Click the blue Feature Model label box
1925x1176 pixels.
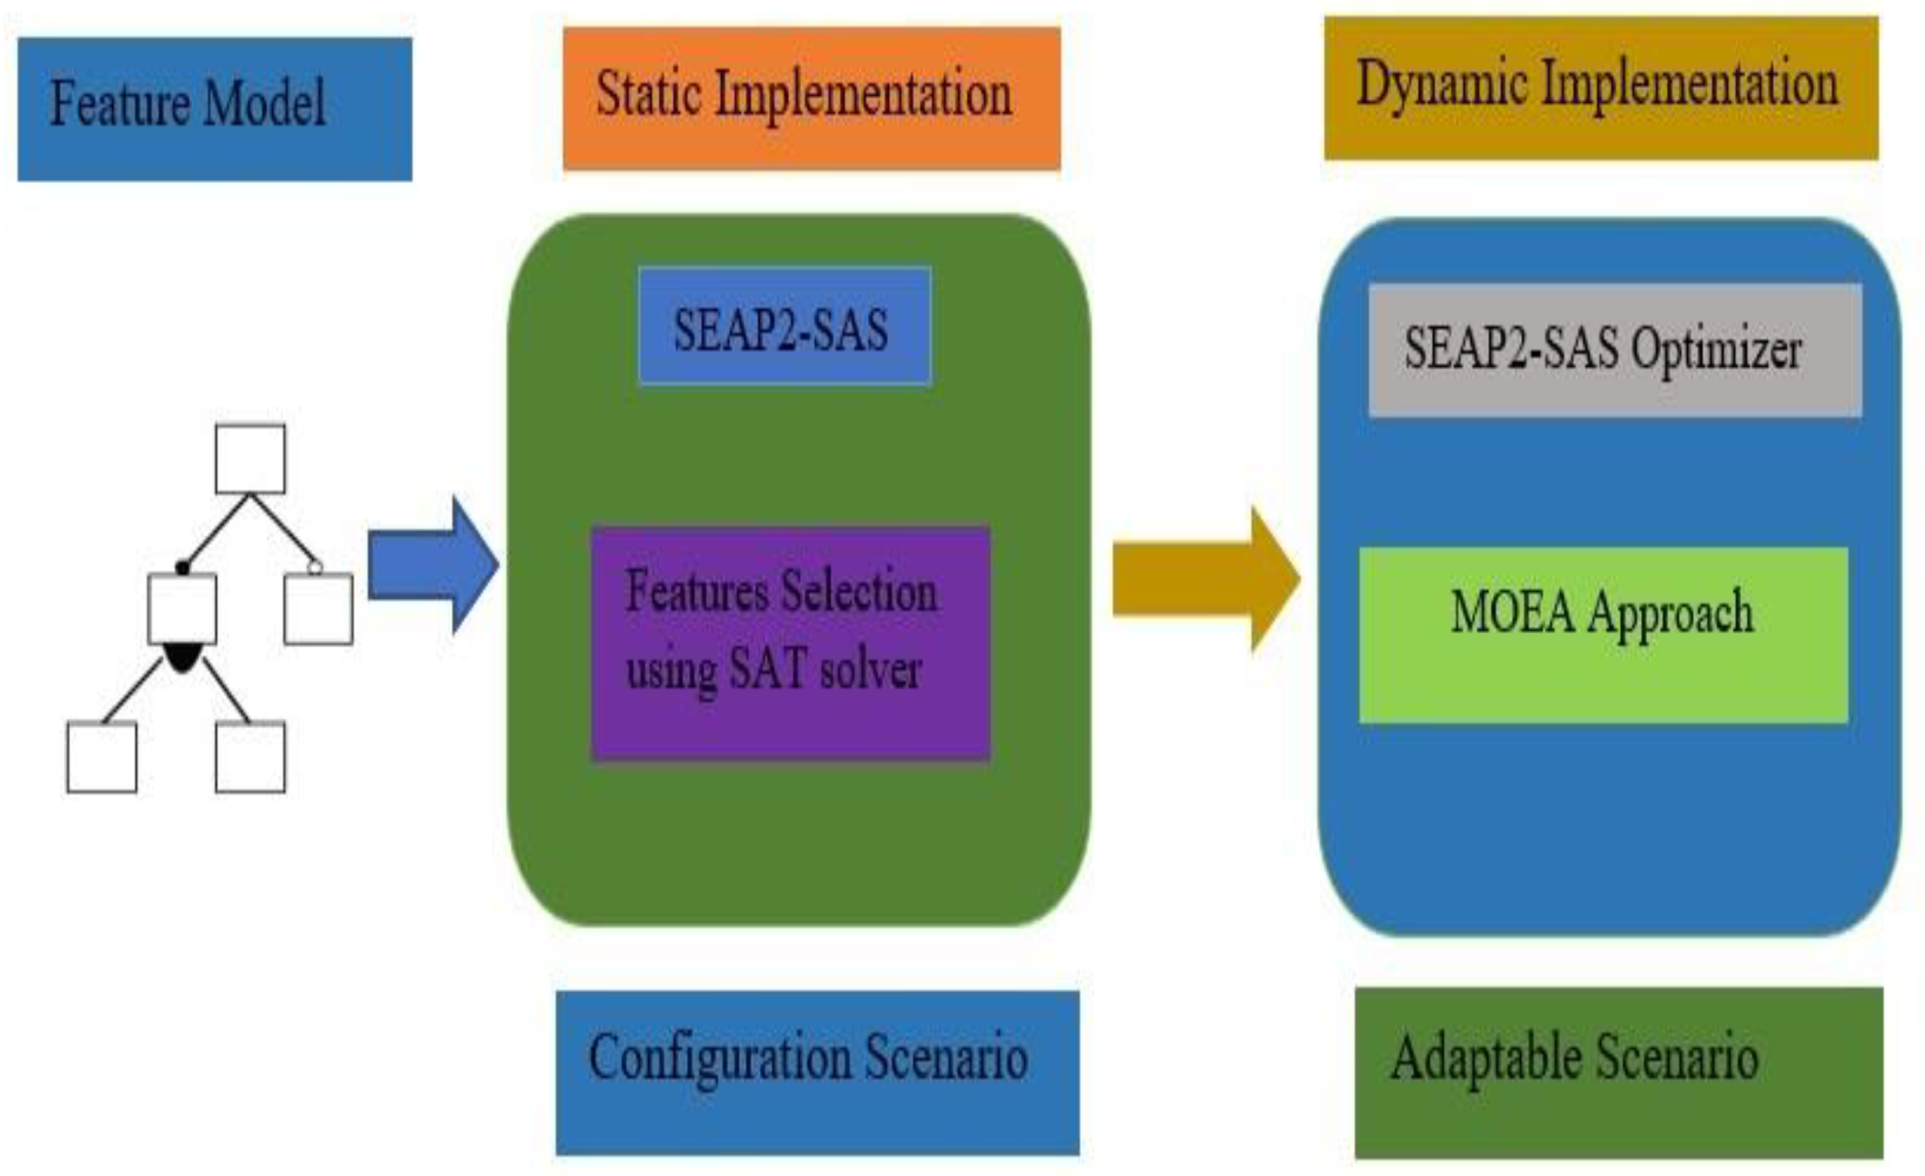coord(215,109)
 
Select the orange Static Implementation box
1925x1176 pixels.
coord(811,98)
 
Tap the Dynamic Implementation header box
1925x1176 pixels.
coord(1601,89)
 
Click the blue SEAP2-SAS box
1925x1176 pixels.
coord(784,326)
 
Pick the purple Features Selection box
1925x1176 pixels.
coord(791,642)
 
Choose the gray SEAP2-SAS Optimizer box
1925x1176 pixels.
coord(1615,350)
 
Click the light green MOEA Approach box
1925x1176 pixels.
coord(1603,634)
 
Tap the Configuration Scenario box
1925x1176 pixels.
coord(817,1072)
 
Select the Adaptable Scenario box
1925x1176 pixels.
coord(1619,1072)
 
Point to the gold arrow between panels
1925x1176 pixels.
coord(1205,579)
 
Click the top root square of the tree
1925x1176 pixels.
coord(250,458)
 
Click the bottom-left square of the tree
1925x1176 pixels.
coord(102,757)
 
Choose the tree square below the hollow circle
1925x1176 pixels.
coord(318,609)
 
